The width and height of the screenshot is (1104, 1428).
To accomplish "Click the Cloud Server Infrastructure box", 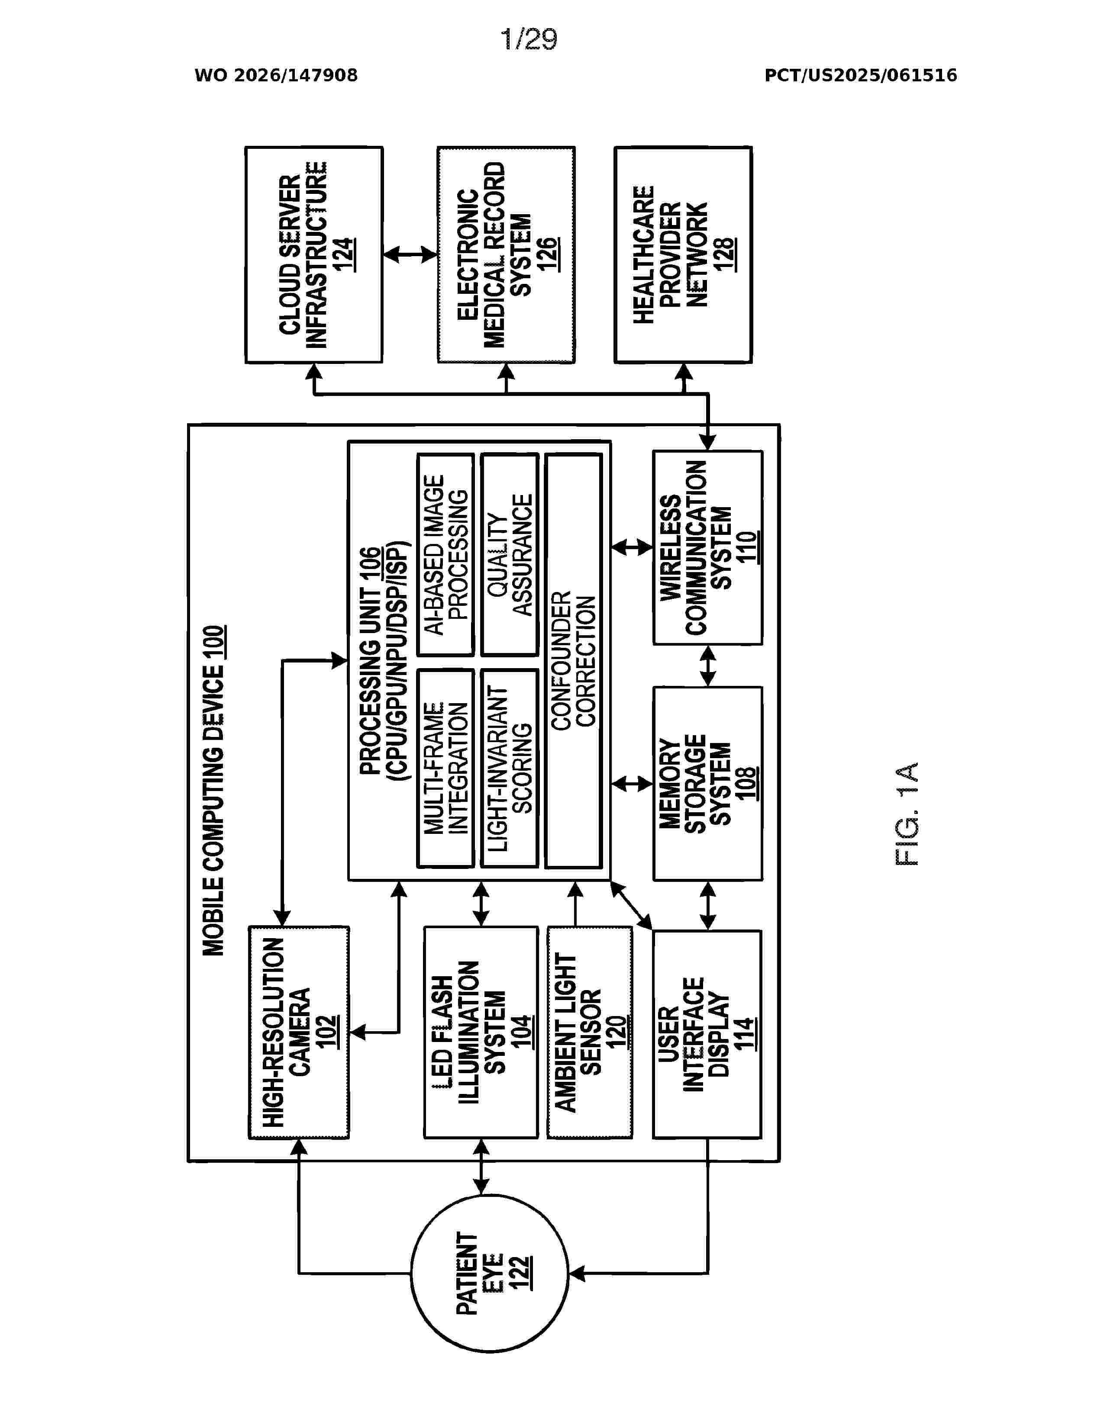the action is (314, 254).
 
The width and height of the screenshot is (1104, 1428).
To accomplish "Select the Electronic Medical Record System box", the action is (506, 254).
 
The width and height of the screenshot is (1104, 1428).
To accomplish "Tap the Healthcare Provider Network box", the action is (684, 254).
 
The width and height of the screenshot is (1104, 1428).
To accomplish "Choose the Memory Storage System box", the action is (708, 783).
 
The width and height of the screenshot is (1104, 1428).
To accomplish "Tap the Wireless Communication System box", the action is (708, 547).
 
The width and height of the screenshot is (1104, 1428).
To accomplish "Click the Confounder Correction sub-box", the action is (574, 660).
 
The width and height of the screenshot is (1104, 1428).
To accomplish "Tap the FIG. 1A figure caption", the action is (907, 814).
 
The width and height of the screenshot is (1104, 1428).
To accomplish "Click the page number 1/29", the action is (529, 39).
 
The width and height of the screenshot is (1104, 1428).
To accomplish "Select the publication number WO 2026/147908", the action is (276, 75).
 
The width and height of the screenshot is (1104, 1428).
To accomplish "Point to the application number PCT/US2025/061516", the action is (861, 75).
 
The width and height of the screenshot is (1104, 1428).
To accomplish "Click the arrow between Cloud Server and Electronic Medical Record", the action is (410, 254).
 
